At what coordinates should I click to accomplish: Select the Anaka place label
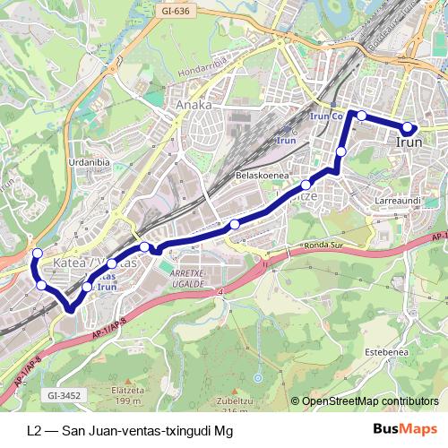pyautogui.click(x=194, y=105)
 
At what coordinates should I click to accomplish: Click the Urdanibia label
pyautogui.click(x=89, y=162)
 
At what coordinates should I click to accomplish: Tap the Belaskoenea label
pyautogui.click(x=260, y=176)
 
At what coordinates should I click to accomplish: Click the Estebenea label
pyautogui.click(x=388, y=352)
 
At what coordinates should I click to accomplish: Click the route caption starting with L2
pyautogui.click(x=130, y=429)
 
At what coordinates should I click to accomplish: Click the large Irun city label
pyautogui.click(x=409, y=142)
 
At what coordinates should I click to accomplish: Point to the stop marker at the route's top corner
pyautogui.click(x=361, y=115)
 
